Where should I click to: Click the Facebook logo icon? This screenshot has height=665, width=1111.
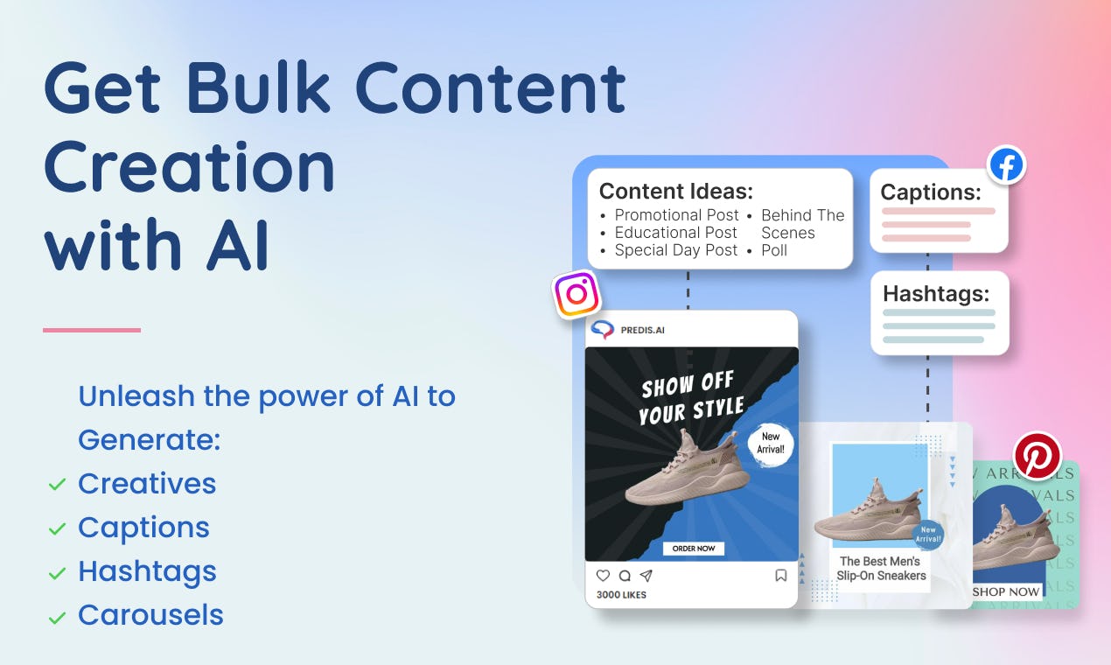1006,165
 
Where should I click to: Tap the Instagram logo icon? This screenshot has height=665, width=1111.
576,294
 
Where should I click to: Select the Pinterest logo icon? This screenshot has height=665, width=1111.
1038,456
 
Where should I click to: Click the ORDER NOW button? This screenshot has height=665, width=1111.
694,549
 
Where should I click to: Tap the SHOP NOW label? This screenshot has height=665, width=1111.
1005,591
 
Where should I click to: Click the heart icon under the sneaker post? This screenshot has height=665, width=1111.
603,575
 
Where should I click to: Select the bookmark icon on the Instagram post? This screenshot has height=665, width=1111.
780,575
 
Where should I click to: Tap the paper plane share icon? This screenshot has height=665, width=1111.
646,575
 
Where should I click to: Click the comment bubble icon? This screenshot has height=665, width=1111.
625,575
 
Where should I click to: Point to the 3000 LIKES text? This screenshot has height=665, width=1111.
621,594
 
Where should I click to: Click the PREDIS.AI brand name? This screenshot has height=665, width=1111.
642,330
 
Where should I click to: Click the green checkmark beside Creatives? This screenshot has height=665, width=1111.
57,484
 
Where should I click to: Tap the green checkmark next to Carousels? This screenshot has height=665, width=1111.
57,618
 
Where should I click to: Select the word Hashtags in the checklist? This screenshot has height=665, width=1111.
147,571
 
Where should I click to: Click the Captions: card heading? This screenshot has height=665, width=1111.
931,192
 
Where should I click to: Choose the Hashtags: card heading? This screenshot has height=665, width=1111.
936,293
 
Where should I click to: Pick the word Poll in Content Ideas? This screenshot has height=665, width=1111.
774,250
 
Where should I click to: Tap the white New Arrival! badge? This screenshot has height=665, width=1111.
770,443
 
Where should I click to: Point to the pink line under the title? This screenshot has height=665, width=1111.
92,330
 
